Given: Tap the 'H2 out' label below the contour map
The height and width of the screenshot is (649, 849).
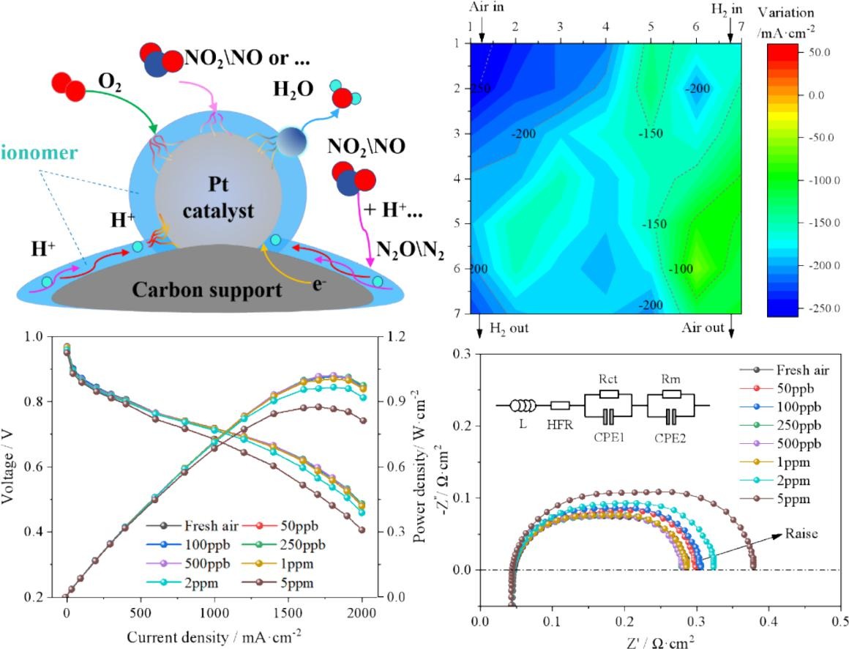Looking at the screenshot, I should pyautogui.click(x=503, y=328).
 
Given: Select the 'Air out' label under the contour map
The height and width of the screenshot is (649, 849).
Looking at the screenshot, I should pyautogui.click(x=703, y=328).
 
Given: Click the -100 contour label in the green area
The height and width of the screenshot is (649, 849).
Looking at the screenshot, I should pyautogui.click(x=681, y=269).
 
